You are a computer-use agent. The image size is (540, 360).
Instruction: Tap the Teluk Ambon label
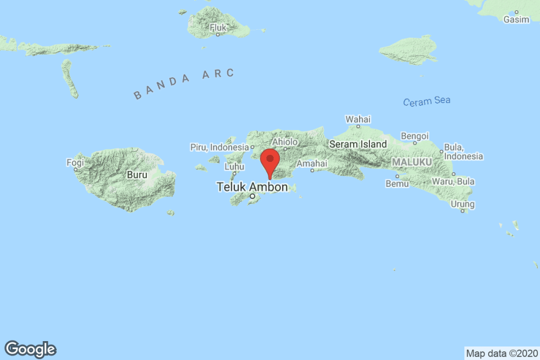[252, 187]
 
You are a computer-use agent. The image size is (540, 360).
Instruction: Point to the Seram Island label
[357, 144]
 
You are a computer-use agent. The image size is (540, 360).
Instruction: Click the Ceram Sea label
[426, 101]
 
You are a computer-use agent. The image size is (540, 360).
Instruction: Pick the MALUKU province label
[411, 162]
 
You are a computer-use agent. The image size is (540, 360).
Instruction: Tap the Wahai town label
[358, 119]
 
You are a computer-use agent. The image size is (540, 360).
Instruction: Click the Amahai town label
[312, 162]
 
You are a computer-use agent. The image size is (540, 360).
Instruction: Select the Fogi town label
[75, 162]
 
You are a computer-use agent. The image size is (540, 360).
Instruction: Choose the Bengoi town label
[415, 135]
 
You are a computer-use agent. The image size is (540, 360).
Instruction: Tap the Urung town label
[463, 204]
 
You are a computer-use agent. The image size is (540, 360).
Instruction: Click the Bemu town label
[397, 184]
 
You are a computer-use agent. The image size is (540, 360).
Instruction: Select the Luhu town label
[234, 167]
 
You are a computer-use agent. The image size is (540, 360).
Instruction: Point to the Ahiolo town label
[285, 142]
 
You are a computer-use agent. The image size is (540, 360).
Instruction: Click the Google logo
[30, 349]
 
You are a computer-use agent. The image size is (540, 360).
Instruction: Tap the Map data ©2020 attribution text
[502, 354]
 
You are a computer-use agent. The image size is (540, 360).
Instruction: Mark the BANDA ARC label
[184, 84]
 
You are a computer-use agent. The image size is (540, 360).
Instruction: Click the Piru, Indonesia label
[219, 147]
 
